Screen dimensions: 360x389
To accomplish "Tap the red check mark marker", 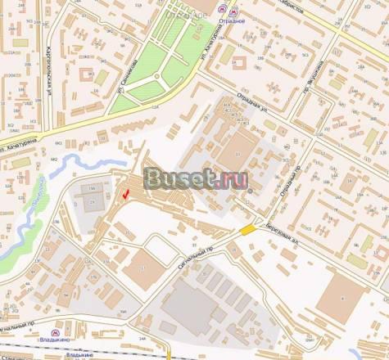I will click(x=125, y=194).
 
